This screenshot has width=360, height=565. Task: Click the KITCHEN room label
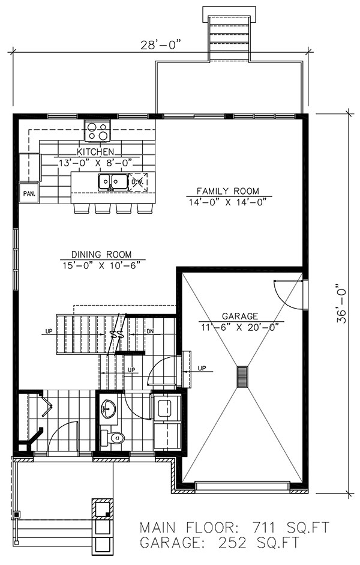click(99, 152)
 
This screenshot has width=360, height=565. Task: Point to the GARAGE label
click(240, 316)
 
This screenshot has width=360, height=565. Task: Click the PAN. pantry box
click(28, 193)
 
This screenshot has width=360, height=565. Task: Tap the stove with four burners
click(98, 130)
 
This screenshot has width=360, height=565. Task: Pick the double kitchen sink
click(111, 181)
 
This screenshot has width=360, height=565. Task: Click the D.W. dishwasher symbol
click(138, 181)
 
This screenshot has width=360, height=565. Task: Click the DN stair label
click(150, 331)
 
